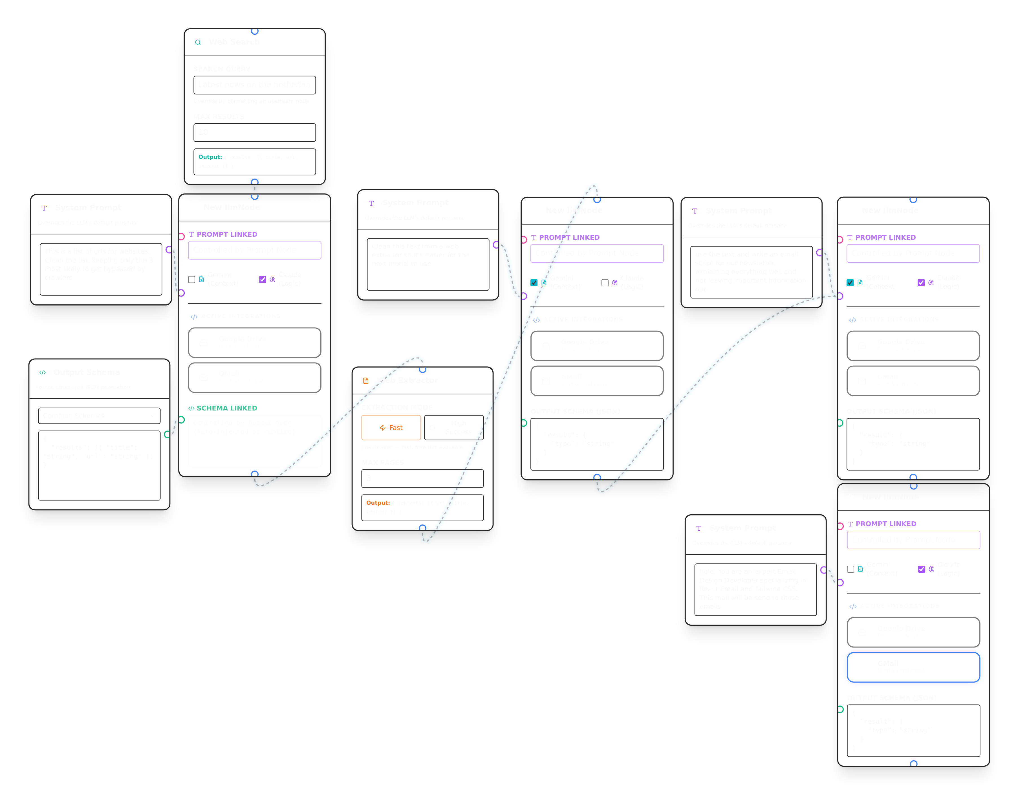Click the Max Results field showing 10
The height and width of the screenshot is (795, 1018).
click(x=254, y=132)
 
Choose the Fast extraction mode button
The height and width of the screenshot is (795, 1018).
click(x=391, y=428)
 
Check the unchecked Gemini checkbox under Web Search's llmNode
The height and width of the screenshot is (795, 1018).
click(x=191, y=279)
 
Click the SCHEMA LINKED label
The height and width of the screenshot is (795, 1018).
click(x=226, y=408)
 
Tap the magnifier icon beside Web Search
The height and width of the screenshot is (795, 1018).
click(x=198, y=42)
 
